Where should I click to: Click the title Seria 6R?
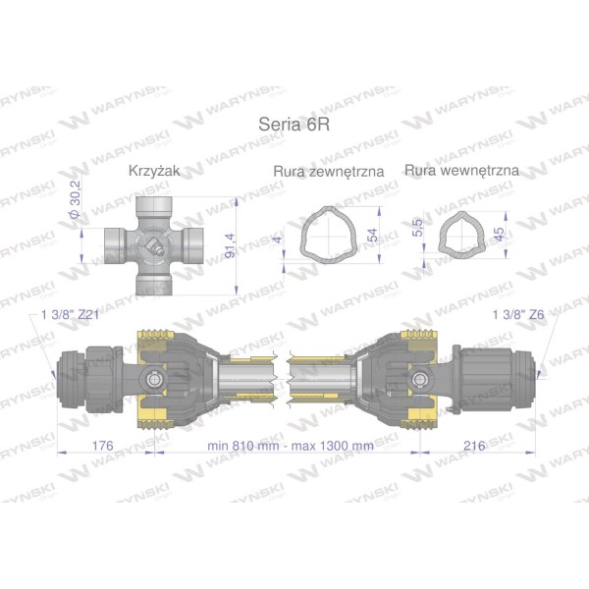tap(294, 125)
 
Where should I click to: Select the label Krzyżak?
tap(154, 171)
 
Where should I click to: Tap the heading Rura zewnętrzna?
tap(329, 171)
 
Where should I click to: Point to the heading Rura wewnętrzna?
tap(461, 171)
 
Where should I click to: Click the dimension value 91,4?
tap(230, 245)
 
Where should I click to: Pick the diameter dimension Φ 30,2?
tap(76, 199)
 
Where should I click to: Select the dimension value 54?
tap(372, 235)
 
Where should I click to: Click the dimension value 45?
tap(500, 235)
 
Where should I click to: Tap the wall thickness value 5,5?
tap(417, 228)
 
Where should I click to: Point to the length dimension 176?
tap(102, 446)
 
